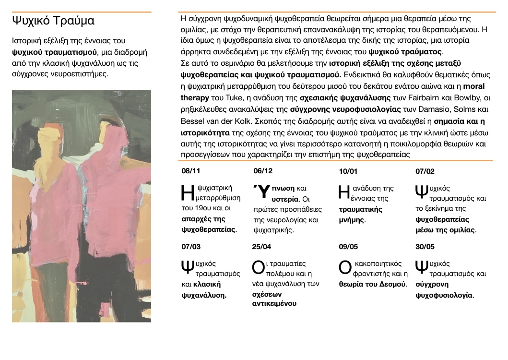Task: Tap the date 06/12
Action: [262, 170]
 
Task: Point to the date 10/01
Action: [348, 171]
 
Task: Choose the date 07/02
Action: [425, 171]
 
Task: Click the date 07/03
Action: [191, 246]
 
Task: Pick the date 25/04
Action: [261, 246]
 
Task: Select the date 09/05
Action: [348, 246]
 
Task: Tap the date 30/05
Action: [425, 246]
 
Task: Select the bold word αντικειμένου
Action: [274, 303]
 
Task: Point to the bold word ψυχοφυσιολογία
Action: [444, 295]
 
